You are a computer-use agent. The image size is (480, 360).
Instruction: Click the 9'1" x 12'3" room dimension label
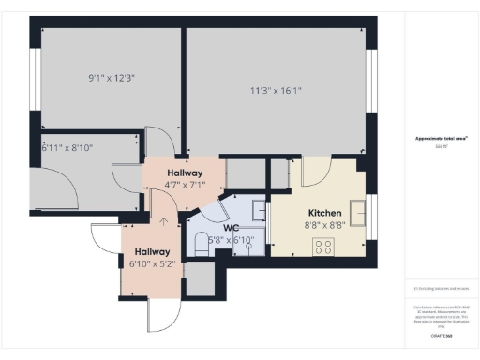[x=112, y=78]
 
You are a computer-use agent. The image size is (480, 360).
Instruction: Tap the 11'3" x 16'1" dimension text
[x=276, y=91]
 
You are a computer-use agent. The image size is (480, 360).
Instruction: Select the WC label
[x=232, y=227]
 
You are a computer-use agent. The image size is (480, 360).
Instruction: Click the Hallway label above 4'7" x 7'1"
[x=184, y=173]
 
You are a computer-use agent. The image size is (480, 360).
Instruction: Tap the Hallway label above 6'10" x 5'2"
[x=151, y=251]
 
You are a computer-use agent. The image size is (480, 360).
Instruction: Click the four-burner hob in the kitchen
[x=323, y=247]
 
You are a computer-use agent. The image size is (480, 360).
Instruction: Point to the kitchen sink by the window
[x=357, y=208]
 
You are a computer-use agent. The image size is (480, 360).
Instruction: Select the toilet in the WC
[x=200, y=244]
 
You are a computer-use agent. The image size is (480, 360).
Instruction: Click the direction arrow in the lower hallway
[x=165, y=222]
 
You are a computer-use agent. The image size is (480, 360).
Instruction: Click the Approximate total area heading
[x=441, y=138]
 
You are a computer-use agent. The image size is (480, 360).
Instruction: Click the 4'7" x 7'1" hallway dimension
[x=184, y=186]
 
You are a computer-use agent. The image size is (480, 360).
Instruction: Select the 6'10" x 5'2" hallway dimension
[x=151, y=264]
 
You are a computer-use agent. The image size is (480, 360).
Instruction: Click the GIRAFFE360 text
[x=441, y=334]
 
